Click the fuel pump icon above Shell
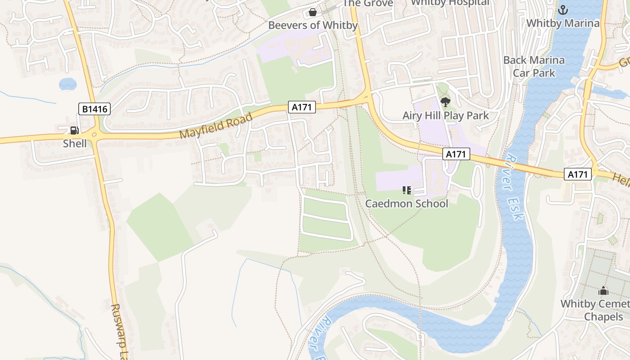[x=74, y=130]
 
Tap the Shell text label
[x=75, y=144]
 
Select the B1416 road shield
[x=94, y=108]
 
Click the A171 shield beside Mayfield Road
[x=301, y=107]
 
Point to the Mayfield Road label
[x=216, y=126]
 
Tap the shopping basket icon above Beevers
[x=312, y=12]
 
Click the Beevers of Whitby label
[x=313, y=25]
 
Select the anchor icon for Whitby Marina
[x=562, y=9]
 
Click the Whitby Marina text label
[x=563, y=23]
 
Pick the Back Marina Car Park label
[x=534, y=66]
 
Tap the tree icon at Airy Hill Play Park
[x=445, y=102]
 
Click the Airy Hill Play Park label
[x=445, y=116]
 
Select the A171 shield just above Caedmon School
[x=456, y=154]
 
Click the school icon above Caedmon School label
[x=407, y=190]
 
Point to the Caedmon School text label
[x=406, y=203]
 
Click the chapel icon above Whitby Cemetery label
[x=603, y=291]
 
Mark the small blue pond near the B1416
[x=67, y=84]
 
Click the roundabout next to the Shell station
[x=95, y=134]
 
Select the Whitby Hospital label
[x=450, y=3]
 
